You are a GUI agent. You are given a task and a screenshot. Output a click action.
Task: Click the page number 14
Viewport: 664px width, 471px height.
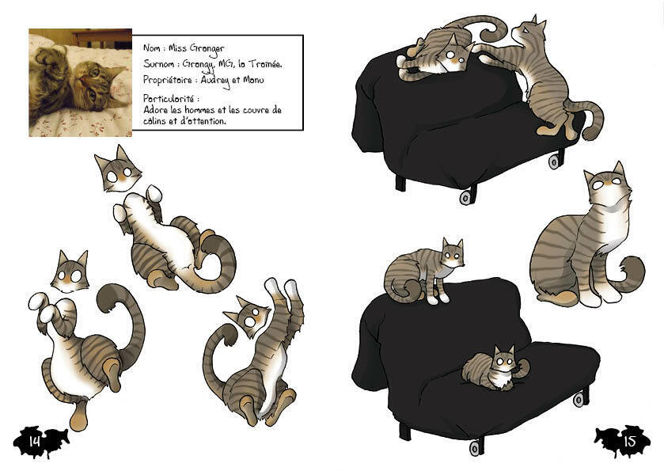point(34,441)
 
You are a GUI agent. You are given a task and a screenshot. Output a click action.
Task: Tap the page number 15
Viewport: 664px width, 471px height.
point(630,441)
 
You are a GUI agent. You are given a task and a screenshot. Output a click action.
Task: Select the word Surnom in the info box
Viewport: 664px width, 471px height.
point(158,64)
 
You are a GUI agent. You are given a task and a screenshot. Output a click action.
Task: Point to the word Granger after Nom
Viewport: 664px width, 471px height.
point(207,49)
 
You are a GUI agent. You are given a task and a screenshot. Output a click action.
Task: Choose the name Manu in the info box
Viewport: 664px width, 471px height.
point(253,80)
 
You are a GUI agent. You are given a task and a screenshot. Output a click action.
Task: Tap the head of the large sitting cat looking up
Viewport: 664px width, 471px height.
point(606,184)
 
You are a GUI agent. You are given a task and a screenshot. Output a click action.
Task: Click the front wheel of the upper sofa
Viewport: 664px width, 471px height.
point(466,198)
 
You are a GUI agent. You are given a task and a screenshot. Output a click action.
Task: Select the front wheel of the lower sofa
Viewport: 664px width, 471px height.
point(476,447)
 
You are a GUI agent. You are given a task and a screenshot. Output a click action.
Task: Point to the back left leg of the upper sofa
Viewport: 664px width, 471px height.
point(400,184)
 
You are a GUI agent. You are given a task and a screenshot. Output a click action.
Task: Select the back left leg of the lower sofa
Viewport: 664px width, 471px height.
point(405,431)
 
